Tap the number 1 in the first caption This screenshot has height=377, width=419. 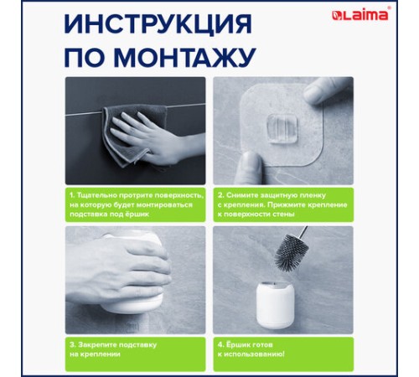(72, 194)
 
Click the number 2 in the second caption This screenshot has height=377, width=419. (219, 194)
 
